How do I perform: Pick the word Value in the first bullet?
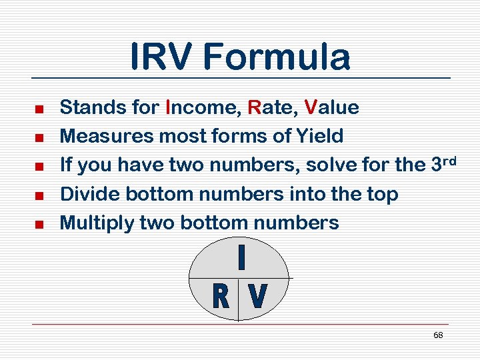(x=331, y=107)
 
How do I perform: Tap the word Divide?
(x=90, y=194)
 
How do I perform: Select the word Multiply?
(x=97, y=223)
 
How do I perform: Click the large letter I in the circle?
(x=241, y=259)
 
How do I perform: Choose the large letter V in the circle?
(x=257, y=297)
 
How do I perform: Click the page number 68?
(x=438, y=335)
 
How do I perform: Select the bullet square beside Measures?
(x=39, y=137)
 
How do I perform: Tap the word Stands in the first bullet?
(x=87, y=107)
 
